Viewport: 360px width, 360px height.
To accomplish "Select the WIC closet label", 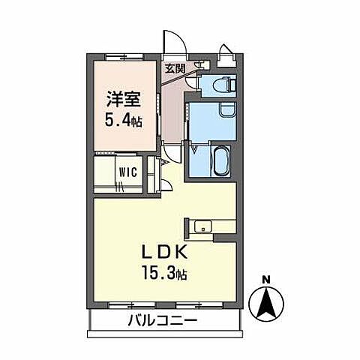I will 127,172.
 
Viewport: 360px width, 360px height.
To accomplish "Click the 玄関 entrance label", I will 174,67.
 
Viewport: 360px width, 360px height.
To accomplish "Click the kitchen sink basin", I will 204,226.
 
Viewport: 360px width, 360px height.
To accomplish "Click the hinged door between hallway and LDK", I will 172,154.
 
